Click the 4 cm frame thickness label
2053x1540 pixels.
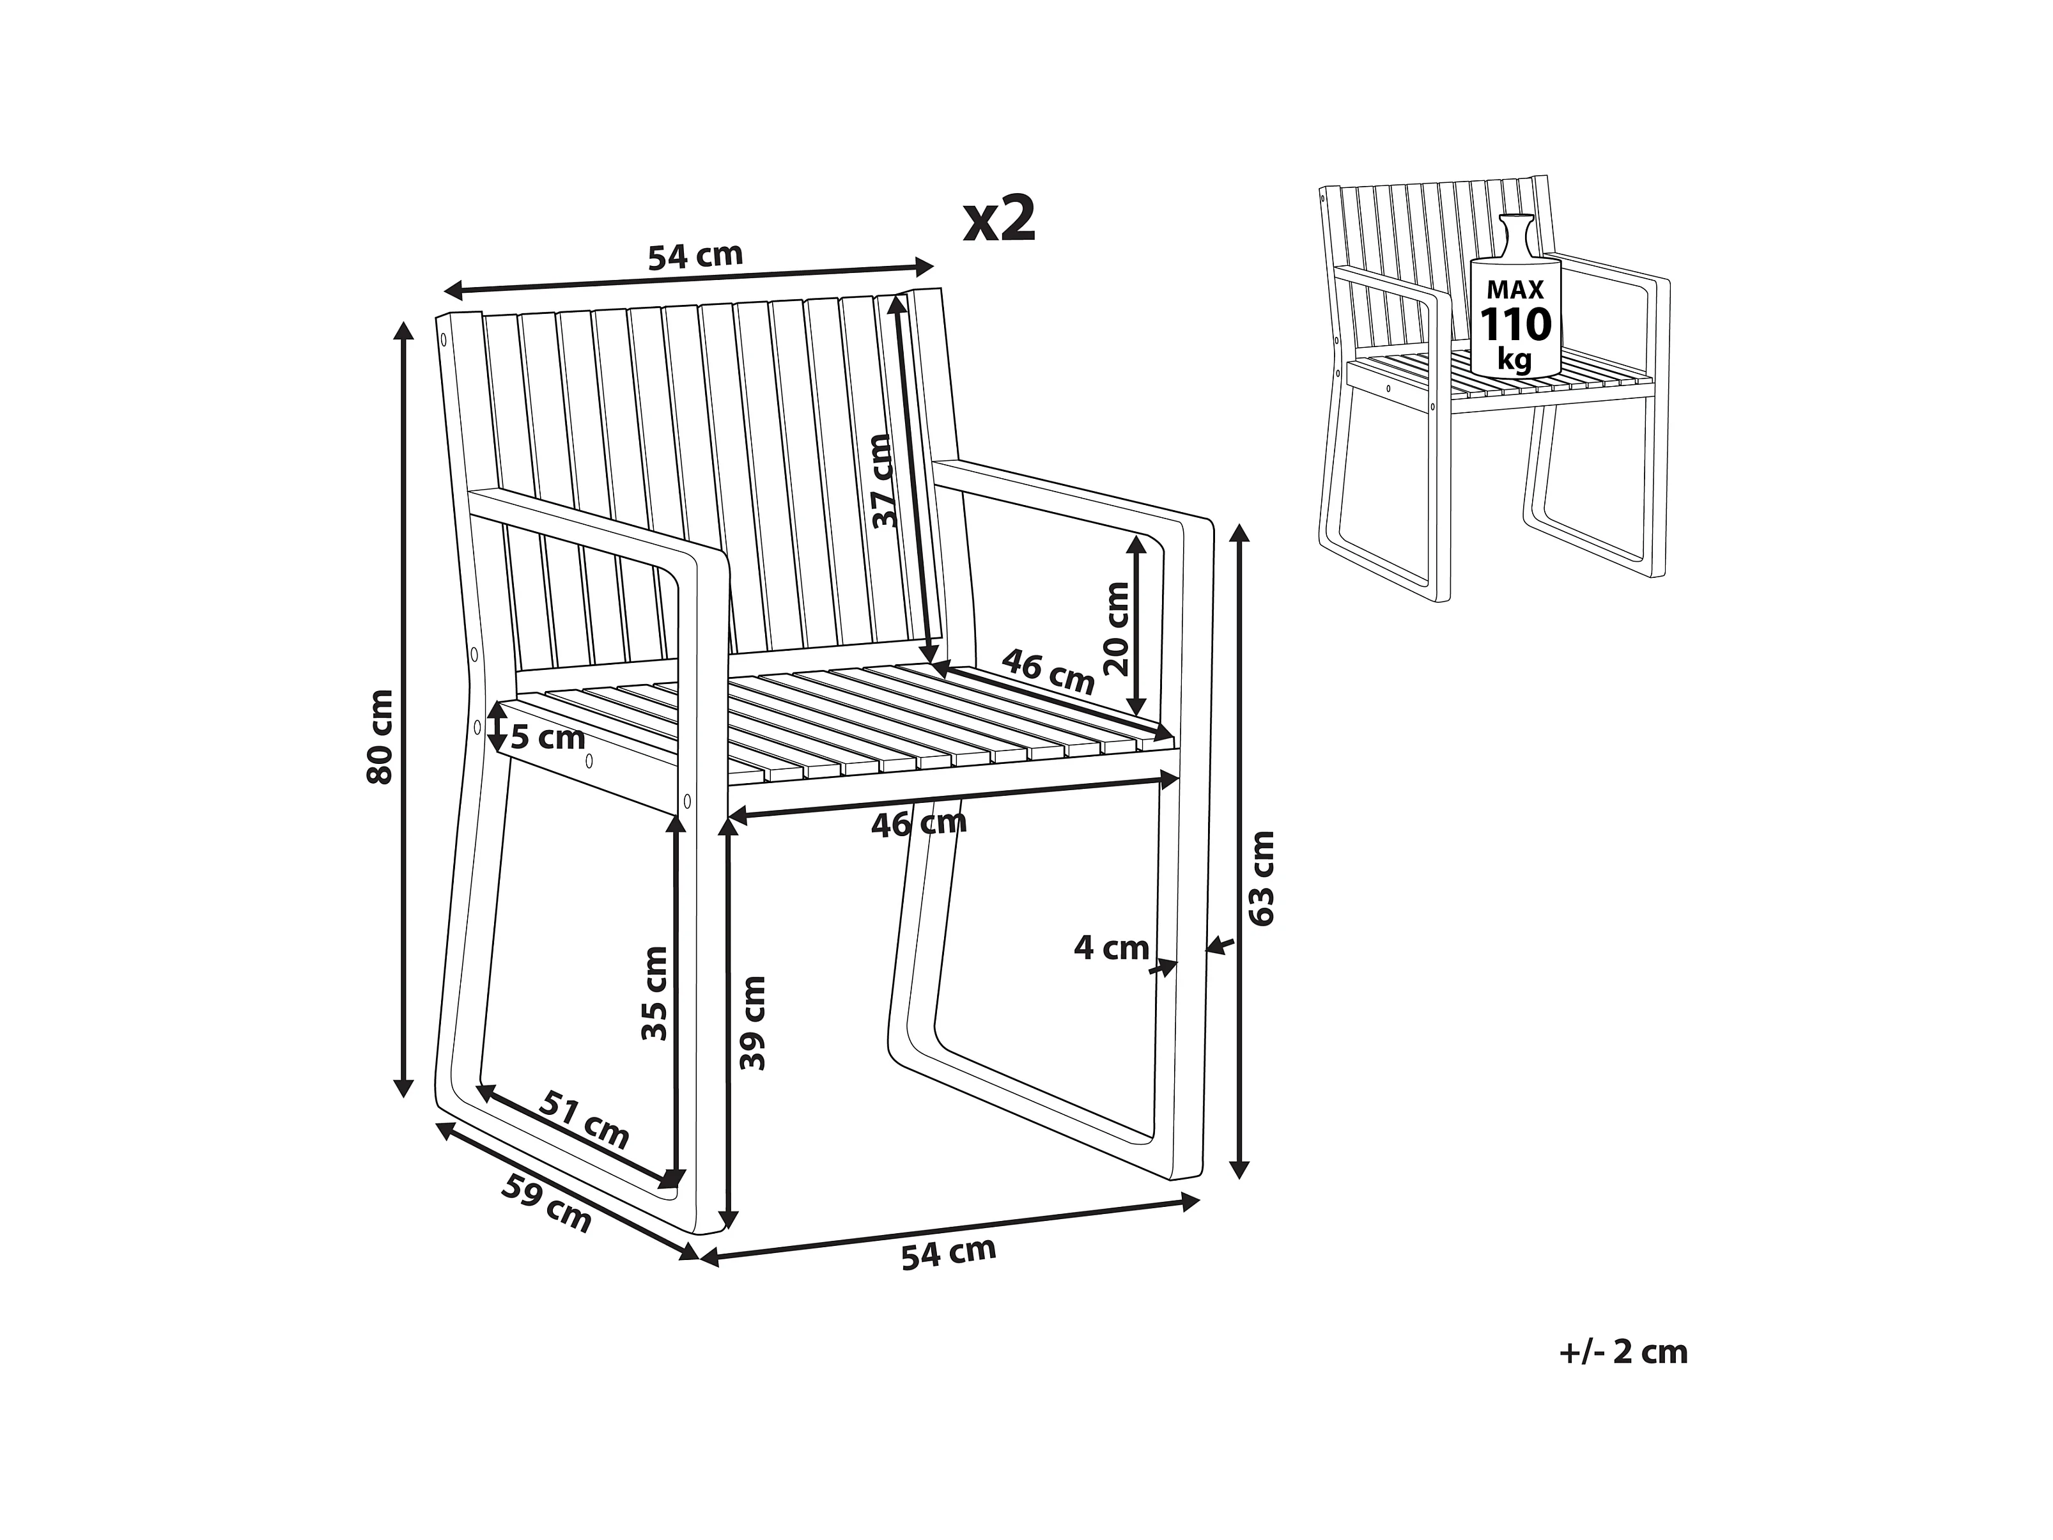pyautogui.click(x=1111, y=948)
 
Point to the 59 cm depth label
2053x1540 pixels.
pyautogui.click(x=546, y=1203)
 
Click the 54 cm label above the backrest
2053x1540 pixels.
pyautogui.click(x=695, y=254)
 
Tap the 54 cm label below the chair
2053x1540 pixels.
pyautogui.click(x=949, y=1252)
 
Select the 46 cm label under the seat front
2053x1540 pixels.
pyautogui.click(x=919, y=823)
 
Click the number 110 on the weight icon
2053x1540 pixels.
pyautogui.click(x=1515, y=325)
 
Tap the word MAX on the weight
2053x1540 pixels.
pyautogui.click(x=1515, y=289)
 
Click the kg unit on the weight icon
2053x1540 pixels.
pyautogui.click(x=1515, y=359)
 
